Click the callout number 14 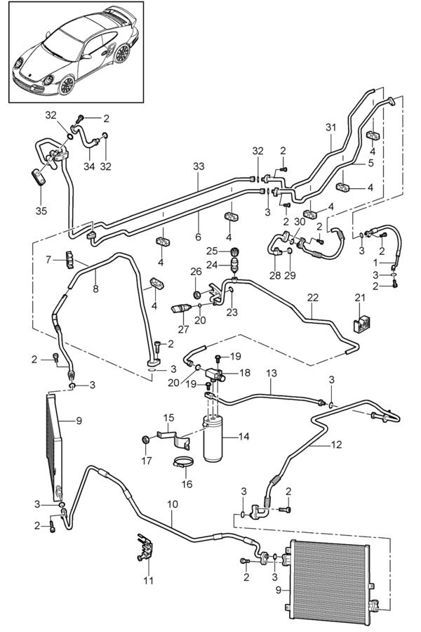pyautogui.click(x=243, y=437)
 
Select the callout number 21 pyautogui.click(x=360, y=300)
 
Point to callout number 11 pyautogui.click(x=148, y=581)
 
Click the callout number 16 pyautogui.click(x=186, y=485)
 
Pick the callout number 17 pyautogui.click(x=147, y=461)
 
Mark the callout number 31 pyautogui.click(x=331, y=127)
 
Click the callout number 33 pyautogui.click(x=199, y=166)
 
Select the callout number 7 pyautogui.click(x=48, y=260)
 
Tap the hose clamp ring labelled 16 pyautogui.click(x=184, y=463)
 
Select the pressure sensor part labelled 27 pyautogui.click(x=184, y=308)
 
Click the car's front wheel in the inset pyautogui.click(x=67, y=86)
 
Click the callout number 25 pyautogui.click(x=211, y=251)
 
